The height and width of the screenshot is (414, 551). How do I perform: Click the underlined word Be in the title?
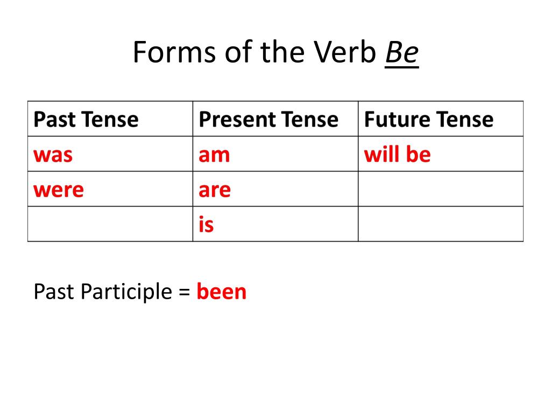point(401,52)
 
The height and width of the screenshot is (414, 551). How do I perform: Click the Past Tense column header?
point(86,119)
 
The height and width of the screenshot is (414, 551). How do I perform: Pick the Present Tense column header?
point(269,119)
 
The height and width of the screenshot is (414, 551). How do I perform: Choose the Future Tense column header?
point(429,119)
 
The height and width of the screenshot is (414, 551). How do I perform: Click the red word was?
point(53,155)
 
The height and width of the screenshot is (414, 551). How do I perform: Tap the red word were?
point(59,190)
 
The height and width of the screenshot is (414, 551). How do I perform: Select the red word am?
point(214,155)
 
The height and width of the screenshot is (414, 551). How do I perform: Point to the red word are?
point(215,190)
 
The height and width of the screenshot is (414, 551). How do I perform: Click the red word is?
point(206,224)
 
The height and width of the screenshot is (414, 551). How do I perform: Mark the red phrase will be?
point(398,154)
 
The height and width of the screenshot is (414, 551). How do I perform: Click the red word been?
point(221,292)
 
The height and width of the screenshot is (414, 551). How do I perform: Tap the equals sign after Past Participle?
point(184,292)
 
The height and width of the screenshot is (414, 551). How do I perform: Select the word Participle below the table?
point(126,292)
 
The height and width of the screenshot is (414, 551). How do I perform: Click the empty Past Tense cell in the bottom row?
point(110,224)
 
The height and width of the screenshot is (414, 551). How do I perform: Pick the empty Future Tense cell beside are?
point(441,189)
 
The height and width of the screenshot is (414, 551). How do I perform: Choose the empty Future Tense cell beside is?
point(441,224)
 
